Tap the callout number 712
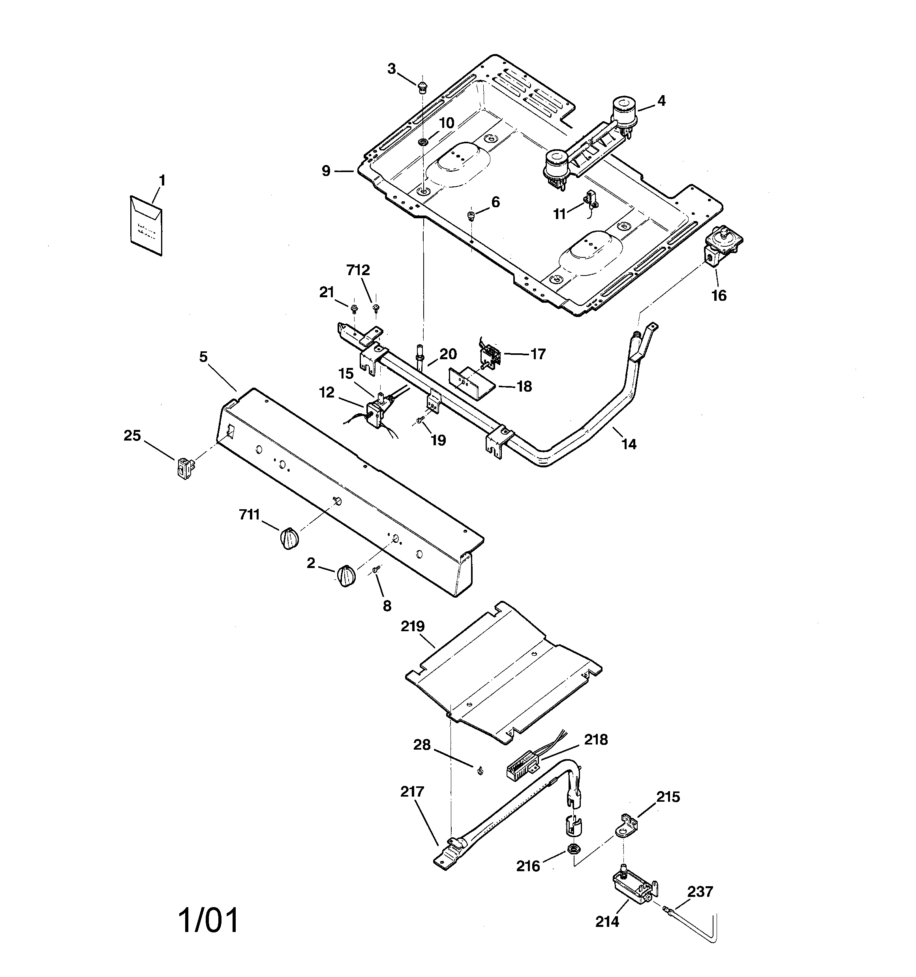pos(358,270)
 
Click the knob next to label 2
pos(346,576)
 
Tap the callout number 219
pos(412,626)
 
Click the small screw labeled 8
pos(377,570)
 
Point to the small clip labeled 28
pos(479,771)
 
